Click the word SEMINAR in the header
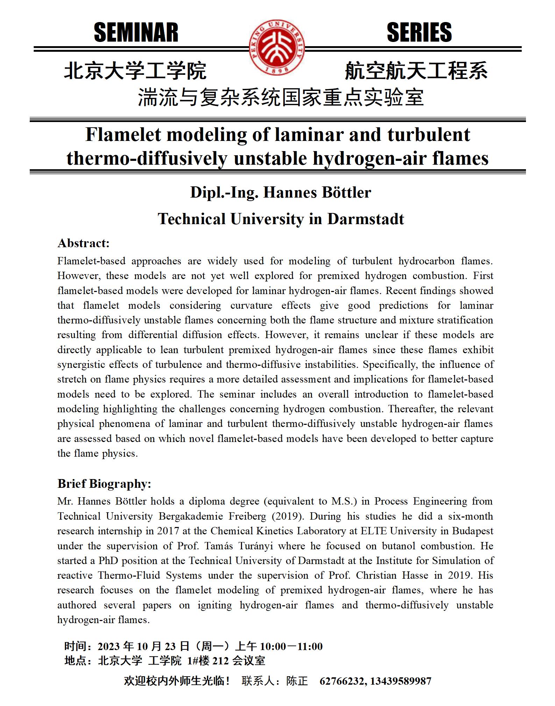[x=136, y=33]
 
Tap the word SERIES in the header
[x=419, y=33]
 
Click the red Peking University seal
[x=277, y=47]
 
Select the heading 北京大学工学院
[x=135, y=71]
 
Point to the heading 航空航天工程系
[x=416, y=71]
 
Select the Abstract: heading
[x=84, y=243]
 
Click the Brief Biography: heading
[x=104, y=484]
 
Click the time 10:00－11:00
[x=291, y=646]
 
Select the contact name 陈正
[x=297, y=681]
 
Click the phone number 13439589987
[x=401, y=681]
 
